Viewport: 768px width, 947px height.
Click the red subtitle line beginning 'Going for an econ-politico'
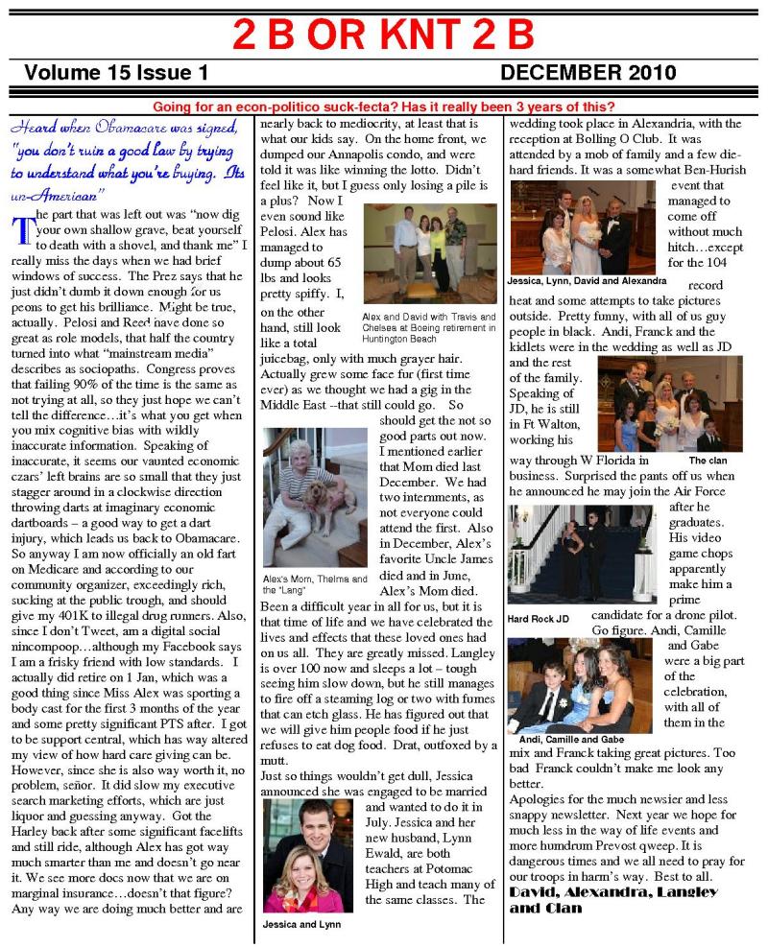pos(383,107)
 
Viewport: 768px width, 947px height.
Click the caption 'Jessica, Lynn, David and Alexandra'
pos(587,281)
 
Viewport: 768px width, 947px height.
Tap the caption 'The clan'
pos(708,461)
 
